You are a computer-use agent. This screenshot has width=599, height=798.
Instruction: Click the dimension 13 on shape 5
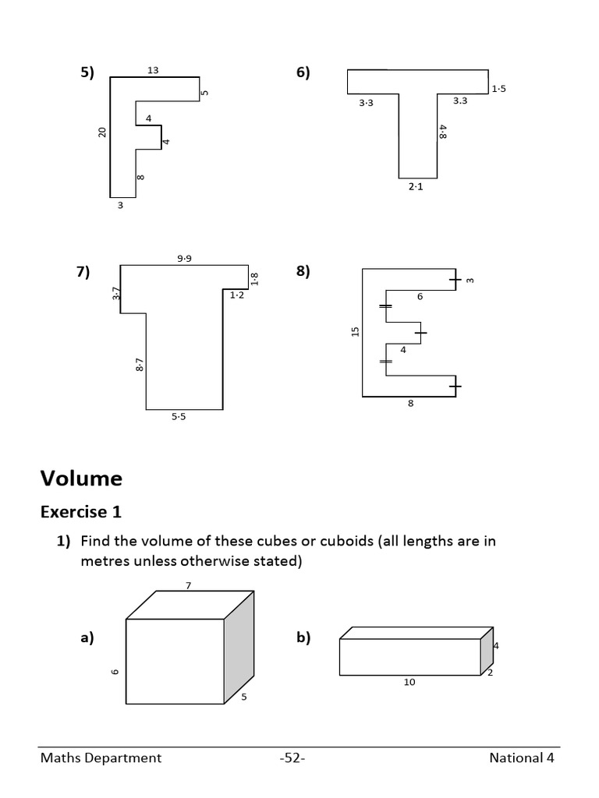[153, 70]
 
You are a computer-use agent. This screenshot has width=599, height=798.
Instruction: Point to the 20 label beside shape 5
[101, 132]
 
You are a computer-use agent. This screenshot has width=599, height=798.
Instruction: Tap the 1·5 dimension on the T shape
[498, 89]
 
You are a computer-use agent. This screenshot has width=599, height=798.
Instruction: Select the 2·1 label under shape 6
[416, 187]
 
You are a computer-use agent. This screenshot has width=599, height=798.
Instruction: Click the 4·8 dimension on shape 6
[443, 132]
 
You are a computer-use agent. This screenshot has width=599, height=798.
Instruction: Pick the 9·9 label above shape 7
[184, 259]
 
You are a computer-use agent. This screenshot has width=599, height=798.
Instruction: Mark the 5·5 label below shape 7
[179, 417]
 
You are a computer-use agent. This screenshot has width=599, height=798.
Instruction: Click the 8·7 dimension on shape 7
[139, 365]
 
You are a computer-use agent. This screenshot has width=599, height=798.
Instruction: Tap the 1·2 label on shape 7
[236, 295]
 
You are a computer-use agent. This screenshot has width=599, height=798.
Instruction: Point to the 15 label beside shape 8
[355, 331]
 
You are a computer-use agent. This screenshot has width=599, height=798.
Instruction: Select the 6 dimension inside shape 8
[420, 297]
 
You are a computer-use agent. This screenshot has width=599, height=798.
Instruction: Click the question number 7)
[83, 271]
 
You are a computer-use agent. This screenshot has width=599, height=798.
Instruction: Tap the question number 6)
[303, 72]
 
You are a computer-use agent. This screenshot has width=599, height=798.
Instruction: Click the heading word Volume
[81, 478]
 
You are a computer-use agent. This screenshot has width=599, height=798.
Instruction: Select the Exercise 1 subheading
[81, 512]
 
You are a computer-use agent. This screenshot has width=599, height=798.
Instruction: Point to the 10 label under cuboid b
[409, 682]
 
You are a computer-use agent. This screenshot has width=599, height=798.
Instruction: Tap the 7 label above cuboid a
[187, 584]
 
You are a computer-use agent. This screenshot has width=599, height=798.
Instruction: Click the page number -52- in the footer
[292, 757]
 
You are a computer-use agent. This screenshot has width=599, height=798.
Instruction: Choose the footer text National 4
[522, 757]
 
